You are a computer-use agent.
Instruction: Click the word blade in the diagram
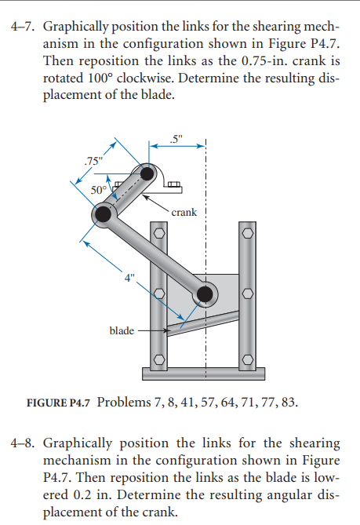click(x=121, y=330)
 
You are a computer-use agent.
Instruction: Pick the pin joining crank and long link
click(x=102, y=214)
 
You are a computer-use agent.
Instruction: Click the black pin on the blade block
click(x=205, y=293)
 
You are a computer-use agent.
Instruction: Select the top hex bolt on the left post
click(x=158, y=233)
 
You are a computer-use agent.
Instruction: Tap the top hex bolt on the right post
click(x=248, y=233)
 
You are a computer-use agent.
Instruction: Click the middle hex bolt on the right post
click(x=248, y=294)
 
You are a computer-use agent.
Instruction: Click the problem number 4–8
click(x=23, y=445)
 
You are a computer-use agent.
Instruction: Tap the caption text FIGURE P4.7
click(x=59, y=403)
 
